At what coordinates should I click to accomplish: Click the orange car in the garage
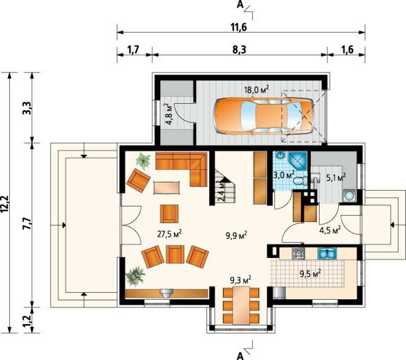tap(263, 116)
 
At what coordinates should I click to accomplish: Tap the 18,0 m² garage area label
tap(256, 89)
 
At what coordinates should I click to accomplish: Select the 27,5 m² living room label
tap(169, 234)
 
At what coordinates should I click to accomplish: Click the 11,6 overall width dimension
tap(239, 27)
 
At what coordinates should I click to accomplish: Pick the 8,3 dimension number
tap(239, 50)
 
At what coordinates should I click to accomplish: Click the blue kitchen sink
tap(327, 253)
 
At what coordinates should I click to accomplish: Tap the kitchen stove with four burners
tap(299, 253)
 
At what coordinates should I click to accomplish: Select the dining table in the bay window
tap(241, 304)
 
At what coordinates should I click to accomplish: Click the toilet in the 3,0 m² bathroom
tap(300, 180)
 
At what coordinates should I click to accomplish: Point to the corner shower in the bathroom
tap(297, 161)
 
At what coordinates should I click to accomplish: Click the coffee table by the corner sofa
tap(166, 187)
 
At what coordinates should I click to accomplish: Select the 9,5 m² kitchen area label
tap(310, 274)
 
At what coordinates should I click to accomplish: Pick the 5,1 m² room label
tap(336, 178)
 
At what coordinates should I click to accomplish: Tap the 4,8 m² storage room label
tap(169, 114)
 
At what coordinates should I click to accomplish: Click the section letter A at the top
tap(240, 5)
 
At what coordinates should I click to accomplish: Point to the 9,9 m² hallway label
tap(235, 235)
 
